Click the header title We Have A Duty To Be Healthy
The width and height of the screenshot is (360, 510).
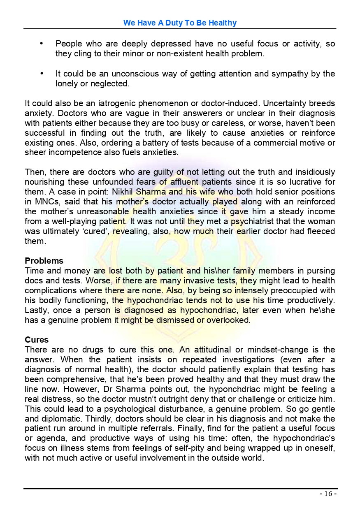click(180, 23)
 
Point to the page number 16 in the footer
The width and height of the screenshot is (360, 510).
click(328, 494)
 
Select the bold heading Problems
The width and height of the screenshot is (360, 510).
click(44, 261)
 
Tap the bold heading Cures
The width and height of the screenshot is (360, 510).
click(37, 340)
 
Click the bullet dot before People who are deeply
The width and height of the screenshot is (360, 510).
click(41, 43)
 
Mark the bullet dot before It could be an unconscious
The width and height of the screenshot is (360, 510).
click(41, 73)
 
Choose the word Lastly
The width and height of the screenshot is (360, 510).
click(37, 310)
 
